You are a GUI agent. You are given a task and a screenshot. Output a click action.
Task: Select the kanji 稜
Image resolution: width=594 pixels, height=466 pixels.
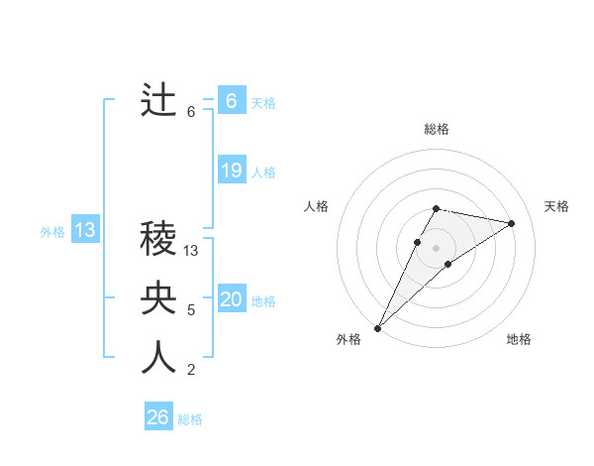(158, 239)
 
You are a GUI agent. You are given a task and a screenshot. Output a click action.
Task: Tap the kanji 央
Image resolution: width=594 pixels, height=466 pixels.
(158, 298)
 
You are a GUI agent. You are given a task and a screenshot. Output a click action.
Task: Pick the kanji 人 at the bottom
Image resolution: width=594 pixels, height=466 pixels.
(158, 358)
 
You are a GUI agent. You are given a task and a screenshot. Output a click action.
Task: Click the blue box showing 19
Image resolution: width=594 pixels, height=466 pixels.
(232, 171)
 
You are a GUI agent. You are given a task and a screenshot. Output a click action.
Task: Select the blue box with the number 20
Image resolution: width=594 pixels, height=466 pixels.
(232, 299)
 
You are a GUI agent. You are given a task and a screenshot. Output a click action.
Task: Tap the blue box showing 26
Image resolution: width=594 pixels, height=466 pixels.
(158, 417)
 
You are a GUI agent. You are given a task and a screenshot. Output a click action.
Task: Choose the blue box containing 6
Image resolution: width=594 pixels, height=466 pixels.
(232, 101)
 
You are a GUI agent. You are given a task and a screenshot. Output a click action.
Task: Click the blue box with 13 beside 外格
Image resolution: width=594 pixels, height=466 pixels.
(85, 231)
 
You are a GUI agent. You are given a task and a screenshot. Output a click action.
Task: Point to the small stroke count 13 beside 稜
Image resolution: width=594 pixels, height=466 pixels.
(192, 251)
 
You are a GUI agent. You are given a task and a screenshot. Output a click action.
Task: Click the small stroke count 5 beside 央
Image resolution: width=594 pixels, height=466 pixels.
(191, 310)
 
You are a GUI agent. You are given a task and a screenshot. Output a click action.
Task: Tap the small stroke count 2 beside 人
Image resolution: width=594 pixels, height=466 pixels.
(191, 370)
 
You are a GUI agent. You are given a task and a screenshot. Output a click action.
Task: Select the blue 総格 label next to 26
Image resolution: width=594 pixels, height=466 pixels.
(190, 419)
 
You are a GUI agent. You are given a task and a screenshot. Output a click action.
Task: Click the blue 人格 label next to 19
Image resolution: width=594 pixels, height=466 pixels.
(263, 173)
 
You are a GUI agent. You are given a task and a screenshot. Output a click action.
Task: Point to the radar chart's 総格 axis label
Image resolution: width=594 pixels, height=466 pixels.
(436, 129)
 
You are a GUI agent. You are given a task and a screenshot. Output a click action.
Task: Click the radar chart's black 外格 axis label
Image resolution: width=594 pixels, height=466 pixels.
(348, 339)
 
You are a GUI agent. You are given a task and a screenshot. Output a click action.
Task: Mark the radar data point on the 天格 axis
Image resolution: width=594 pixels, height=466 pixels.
(512, 223)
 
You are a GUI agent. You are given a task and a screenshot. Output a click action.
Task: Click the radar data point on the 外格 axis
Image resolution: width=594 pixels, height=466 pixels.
(377, 327)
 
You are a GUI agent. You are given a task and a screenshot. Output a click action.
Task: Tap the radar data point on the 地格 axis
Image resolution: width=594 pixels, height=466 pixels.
(448, 264)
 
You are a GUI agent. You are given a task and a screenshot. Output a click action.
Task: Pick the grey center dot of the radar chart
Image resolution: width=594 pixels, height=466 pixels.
(436, 247)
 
